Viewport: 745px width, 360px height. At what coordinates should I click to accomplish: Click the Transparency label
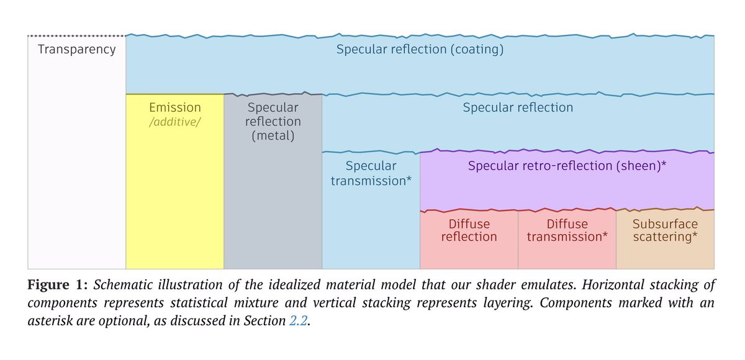[77, 50]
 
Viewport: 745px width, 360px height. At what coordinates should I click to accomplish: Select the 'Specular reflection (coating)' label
[420, 50]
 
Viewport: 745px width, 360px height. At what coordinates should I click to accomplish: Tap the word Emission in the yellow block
[175, 107]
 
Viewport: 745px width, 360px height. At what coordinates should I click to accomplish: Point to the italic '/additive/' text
[175, 122]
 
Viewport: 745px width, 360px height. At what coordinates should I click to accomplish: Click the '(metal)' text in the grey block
[273, 135]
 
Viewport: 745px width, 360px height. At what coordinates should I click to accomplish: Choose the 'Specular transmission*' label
[371, 173]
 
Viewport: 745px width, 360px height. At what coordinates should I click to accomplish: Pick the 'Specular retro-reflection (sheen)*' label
[567, 166]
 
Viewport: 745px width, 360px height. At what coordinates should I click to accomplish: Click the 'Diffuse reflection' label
[469, 230]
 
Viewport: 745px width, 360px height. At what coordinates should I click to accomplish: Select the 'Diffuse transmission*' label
[567, 230]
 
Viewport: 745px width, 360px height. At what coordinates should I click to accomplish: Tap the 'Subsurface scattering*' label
[665, 230]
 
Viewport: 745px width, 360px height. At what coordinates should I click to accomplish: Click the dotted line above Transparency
[77, 35]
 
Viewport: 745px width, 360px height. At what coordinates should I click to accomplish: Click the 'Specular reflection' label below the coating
[518, 107]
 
